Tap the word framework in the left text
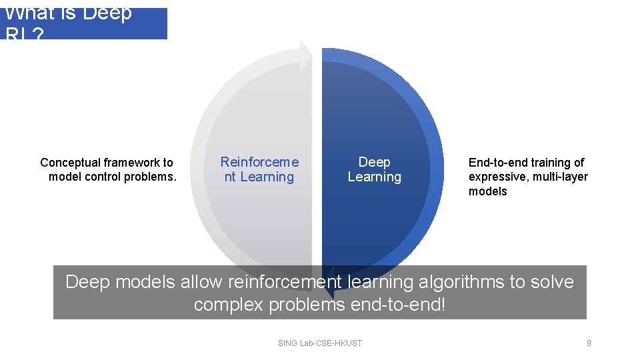(x=130, y=163)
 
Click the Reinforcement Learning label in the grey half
(x=259, y=169)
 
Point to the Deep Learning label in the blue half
(x=374, y=169)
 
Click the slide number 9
(x=589, y=343)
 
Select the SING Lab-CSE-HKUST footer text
(x=320, y=343)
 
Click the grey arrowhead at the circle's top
(x=305, y=55)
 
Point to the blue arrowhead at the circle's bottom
(x=331, y=280)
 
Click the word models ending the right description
(x=487, y=192)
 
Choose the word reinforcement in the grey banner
(x=284, y=282)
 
